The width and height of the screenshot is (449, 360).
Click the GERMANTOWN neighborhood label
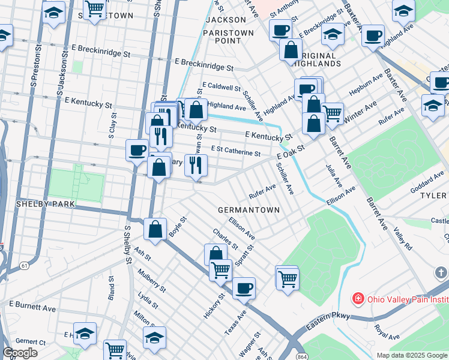[249, 210]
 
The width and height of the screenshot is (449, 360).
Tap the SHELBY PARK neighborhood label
[37, 204]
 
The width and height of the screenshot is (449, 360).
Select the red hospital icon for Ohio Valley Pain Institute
[358, 298]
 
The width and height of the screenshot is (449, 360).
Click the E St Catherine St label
[235, 153]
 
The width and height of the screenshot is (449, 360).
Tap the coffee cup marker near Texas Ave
[244, 288]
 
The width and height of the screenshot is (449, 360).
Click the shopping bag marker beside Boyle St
[155, 229]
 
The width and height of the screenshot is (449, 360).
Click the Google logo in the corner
[20, 353]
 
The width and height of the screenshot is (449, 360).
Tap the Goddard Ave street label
[427, 183]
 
